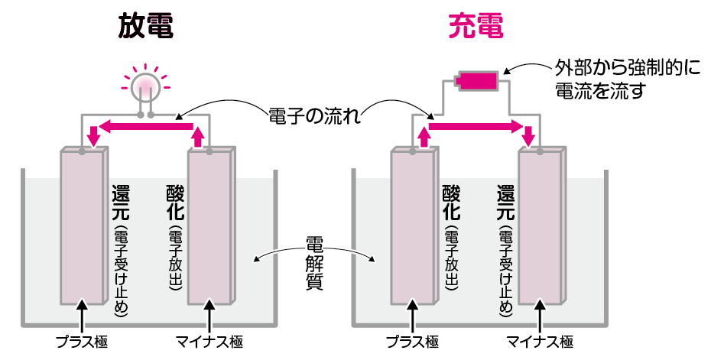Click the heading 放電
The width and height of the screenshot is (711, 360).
coord(145,27)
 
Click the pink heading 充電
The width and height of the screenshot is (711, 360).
coord(476,27)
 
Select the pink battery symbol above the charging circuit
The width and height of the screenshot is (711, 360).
coord(477,79)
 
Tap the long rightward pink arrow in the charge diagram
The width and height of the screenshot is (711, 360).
coord(478,126)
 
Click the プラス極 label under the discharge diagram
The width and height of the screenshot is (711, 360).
coord(82,341)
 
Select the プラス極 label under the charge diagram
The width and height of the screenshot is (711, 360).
coord(413,341)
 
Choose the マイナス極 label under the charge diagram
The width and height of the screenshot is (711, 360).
coord(541,341)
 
